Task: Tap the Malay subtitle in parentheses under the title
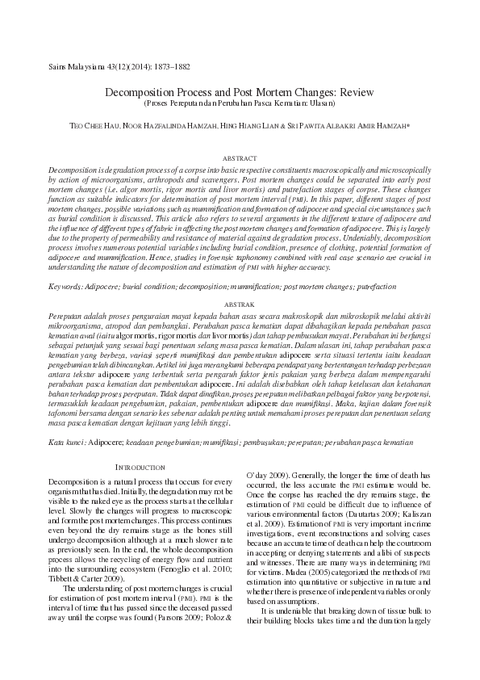pos(240,104)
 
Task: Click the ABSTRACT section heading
pos(240,159)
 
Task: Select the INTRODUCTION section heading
pos(142,467)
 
